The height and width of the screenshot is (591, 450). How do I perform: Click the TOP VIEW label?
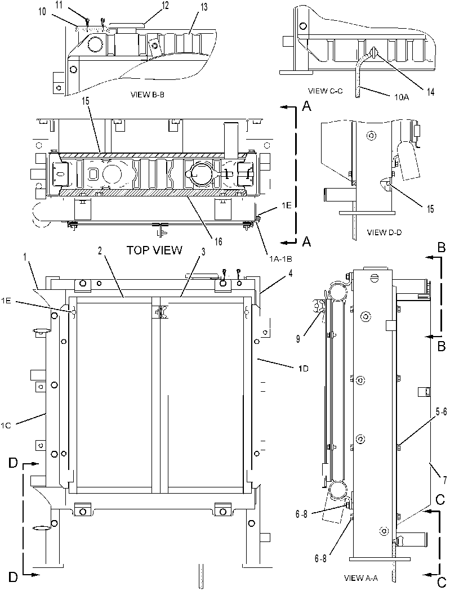point(154,250)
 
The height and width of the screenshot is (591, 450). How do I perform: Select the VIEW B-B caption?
point(148,95)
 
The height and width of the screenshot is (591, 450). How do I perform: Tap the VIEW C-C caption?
point(326,91)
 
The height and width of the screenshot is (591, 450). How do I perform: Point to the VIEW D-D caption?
point(384,232)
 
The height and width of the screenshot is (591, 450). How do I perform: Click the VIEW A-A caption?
point(361,577)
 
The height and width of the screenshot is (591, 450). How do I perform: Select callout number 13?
point(204,8)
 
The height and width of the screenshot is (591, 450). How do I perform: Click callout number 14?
point(430,92)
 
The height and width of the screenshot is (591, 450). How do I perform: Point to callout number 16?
point(219,241)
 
